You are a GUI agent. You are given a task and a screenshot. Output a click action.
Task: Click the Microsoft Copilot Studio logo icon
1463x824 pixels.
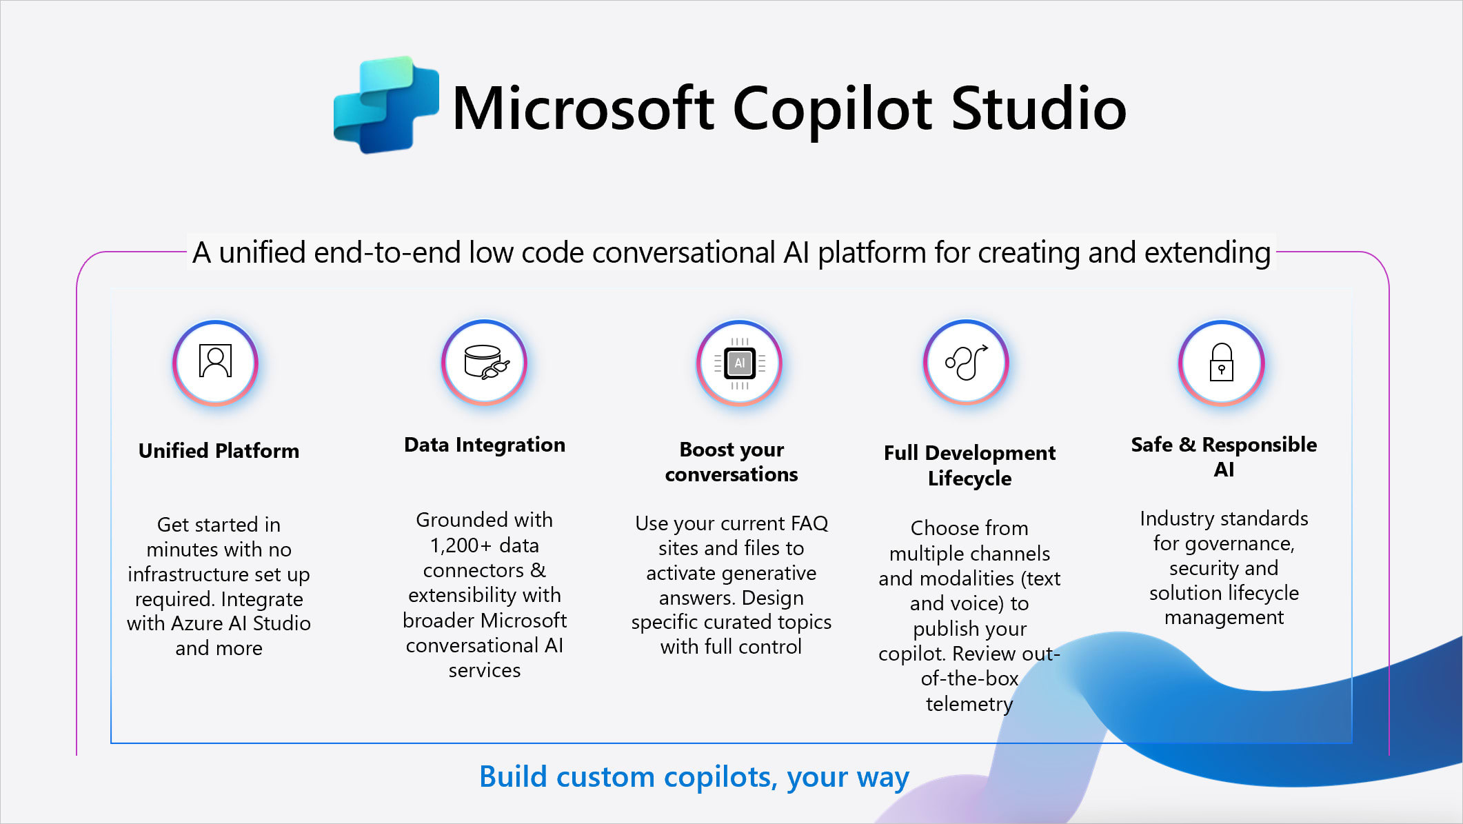tap(386, 105)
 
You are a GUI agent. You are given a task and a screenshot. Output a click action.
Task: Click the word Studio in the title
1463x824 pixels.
tap(1038, 108)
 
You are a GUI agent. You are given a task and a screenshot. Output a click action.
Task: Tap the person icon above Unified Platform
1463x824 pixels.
tap(215, 361)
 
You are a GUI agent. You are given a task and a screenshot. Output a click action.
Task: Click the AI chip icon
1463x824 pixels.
tap(740, 363)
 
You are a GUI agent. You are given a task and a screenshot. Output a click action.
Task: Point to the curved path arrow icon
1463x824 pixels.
tap(967, 362)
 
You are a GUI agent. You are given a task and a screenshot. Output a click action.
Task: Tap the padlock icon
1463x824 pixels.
tap(1222, 362)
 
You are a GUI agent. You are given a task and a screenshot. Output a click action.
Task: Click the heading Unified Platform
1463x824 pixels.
tap(219, 451)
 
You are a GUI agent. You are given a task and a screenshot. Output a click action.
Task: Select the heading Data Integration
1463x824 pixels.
tap(485, 445)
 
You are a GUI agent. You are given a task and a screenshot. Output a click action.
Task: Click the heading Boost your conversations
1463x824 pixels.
tap(731, 462)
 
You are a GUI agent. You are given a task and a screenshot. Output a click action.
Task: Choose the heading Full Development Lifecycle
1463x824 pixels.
tap(969, 465)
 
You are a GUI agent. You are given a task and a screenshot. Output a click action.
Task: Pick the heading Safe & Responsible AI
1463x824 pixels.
tap(1224, 457)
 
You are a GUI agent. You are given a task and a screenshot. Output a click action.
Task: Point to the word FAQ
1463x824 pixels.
tap(809, 523)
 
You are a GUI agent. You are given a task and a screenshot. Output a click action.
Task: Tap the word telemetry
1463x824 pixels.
tap(969, 704)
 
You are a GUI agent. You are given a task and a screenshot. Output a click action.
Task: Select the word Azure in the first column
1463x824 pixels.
tap(196, 623)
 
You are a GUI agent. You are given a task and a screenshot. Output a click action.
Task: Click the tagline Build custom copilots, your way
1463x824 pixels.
tap(694, 777)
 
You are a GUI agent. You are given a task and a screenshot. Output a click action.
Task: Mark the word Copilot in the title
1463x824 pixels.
tap(832, 108)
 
